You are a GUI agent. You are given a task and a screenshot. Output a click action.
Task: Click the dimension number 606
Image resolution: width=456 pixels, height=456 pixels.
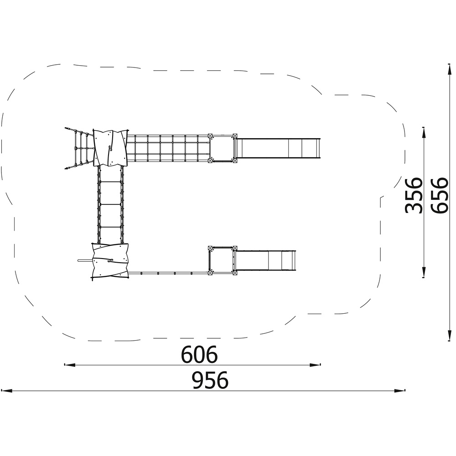coord(199,354)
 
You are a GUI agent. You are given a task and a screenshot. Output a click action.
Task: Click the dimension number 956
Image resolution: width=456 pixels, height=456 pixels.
coord(210,380)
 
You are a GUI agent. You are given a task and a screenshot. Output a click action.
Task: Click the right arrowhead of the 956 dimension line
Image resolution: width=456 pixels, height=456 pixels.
coord(399,391)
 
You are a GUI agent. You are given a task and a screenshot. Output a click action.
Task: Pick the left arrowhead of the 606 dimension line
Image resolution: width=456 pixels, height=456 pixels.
coord(70,364)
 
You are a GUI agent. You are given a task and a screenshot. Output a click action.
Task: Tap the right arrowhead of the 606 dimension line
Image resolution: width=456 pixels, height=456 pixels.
coord(315,364)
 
